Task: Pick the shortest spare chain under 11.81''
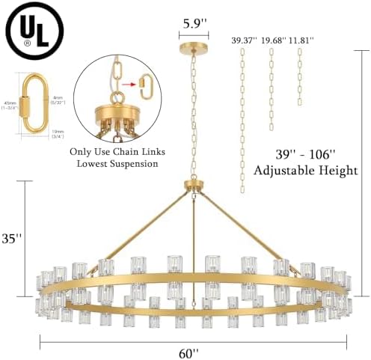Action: click(x=300, y=77)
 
